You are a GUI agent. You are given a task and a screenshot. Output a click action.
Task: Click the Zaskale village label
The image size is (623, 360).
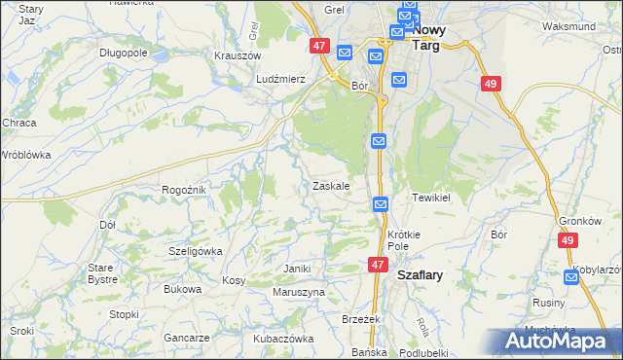pyautogui.click(x=331, y=186)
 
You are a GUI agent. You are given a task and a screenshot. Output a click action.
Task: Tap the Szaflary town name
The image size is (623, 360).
pyautogui.click(x=421, y=275)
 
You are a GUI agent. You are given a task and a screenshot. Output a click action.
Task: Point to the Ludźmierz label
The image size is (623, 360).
pyautogui.click(x=280, y=79)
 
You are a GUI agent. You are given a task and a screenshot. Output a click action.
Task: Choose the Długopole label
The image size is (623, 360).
pyautogui.click(x=123, y=53)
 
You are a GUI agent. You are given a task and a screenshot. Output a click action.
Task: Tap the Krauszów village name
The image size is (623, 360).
pyautogui.click(x=235, y=55)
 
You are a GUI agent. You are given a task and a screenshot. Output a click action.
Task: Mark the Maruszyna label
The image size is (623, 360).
pyautogui.click(x=298, y=292)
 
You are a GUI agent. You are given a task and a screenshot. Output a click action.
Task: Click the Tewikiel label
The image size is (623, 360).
pyautogui.click(x=429, y=197)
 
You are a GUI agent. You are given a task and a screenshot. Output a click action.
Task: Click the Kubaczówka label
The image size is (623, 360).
pyautogui.click(x=283, y=339)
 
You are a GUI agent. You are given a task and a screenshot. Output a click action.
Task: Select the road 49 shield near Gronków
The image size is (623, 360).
pyautogui.click(x=568, y=240)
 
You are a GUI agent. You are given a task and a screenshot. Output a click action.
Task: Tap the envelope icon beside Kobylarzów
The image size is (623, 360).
pyautogui.click(x=571, y=277)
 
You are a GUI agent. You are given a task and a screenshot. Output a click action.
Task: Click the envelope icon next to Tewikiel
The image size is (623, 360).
pyautogui.click(x=382, y=204)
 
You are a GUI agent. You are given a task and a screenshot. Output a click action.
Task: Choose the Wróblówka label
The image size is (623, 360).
pyautogui.click(x=25, y=155)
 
